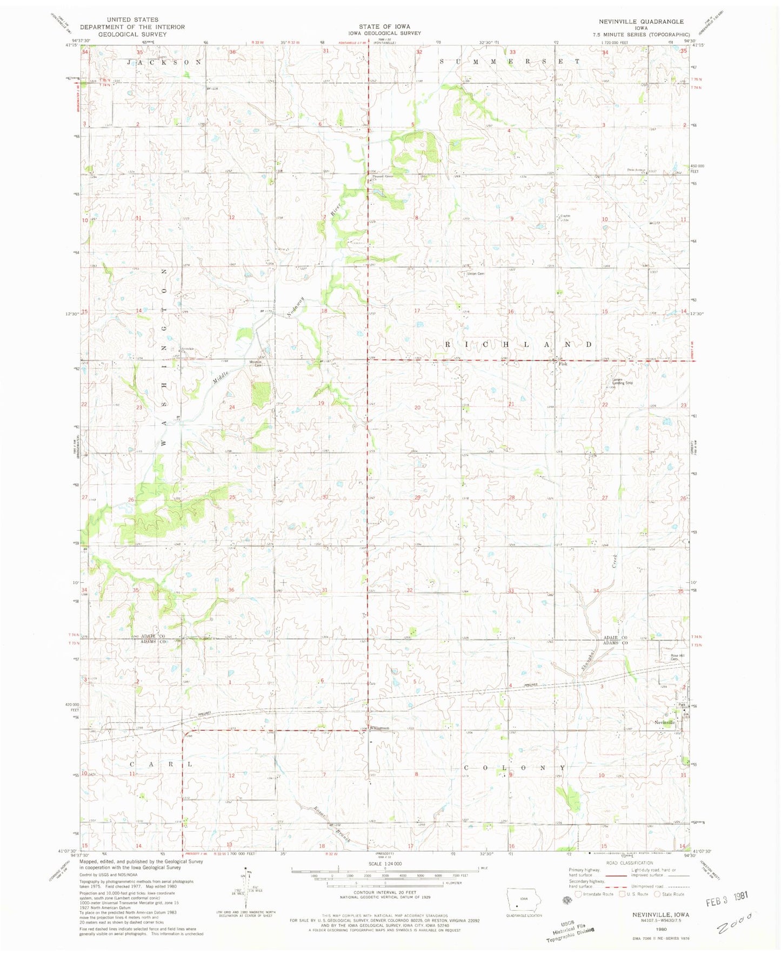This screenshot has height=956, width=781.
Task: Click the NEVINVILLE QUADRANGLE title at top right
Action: click(x=640, y=22)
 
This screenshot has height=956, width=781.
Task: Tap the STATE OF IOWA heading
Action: click(x=384, y=26)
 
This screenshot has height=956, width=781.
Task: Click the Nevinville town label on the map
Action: click(x=664, y=723)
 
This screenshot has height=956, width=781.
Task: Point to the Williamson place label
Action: click(x=379, y=728)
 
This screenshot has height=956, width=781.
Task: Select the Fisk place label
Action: click(x=563, y=363)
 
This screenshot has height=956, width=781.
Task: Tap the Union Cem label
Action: click(x=476, y=274)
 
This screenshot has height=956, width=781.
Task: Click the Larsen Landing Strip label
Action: click(x=622, y=381)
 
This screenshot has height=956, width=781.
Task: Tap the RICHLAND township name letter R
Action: click(x=448, y=344)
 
